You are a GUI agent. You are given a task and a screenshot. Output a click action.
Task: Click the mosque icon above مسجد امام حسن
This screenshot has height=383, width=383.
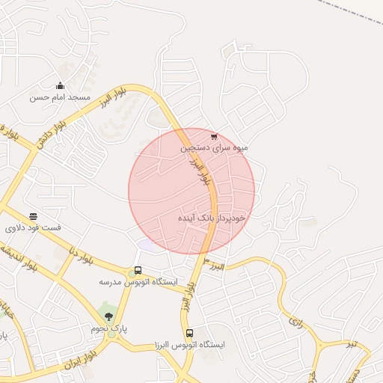click(x=60, y=86)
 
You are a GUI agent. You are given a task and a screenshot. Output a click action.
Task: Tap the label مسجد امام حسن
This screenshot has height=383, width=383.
click(x=60, y=97)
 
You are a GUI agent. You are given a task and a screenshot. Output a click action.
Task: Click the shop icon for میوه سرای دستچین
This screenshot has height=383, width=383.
click(x=214, y=137)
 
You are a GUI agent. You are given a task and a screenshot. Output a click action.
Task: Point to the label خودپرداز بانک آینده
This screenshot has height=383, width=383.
click(x=212, y=218)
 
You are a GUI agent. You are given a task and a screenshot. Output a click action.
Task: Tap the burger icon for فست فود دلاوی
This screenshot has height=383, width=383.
click(x=33, y=216)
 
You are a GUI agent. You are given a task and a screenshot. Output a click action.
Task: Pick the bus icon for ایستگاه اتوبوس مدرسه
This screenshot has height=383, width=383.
click(x=138, y=270)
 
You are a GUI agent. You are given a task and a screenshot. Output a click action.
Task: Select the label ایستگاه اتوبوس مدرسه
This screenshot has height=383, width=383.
click(x=138, y=282)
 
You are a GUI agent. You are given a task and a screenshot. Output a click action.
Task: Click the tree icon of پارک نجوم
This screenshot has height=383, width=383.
click(x=109, y=316)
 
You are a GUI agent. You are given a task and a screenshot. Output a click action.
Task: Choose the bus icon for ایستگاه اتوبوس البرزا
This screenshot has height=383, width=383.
click(x=189, y=333)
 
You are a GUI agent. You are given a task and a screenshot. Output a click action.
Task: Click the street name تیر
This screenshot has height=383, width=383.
click(x=361, y=343)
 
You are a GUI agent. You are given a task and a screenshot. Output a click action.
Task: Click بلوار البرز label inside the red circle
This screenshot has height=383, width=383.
click(x=200, y=171)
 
